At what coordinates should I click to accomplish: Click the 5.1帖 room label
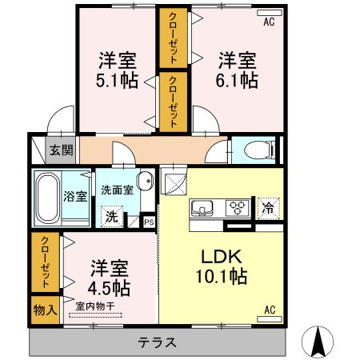(117, 70)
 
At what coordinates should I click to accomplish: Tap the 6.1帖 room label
(238, 70)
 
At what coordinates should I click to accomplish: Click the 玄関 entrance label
(60, 150)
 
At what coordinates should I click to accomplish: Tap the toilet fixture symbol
(258, 150)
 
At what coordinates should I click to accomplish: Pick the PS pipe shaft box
(148, 222)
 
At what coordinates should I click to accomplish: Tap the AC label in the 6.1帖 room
(268, 22)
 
